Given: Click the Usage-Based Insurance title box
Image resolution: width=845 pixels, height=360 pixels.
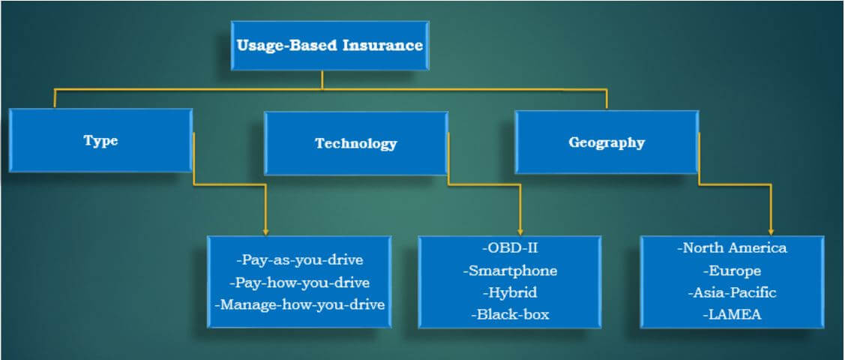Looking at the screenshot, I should click(x=329, y=46).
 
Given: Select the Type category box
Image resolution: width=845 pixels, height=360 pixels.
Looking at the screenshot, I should click(x=100, y=141).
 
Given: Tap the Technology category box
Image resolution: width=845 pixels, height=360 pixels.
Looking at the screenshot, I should click(x=355, y=143).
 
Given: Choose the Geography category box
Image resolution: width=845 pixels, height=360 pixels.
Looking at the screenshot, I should click(x=606, y=142).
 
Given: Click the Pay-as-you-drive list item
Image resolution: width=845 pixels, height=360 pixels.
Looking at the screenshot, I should click(x=299, y=260).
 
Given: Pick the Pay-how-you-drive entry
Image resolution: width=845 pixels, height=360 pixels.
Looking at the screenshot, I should click(x=299, y=283).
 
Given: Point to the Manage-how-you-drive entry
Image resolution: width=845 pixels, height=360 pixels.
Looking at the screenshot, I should click(x=299, y=304).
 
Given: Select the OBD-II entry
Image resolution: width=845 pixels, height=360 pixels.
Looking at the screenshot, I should click(x=509, y=247).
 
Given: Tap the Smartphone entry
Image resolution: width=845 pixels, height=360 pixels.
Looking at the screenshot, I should click(x=510, y=270).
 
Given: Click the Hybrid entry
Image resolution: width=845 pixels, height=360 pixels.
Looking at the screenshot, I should click(x=510, y=292).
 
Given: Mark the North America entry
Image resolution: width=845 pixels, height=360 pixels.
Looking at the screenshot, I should click(x=732, y=247).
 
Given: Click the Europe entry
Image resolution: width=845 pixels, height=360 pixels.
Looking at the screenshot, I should click(x=732, y=271).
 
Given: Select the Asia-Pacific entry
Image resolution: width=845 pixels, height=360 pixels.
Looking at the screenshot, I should click(x=732, y=292).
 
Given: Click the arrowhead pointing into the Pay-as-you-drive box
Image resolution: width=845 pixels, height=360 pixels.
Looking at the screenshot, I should click(x=265, y=231).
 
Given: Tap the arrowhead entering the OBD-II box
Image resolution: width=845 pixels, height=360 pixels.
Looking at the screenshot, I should click(x=520, y=231).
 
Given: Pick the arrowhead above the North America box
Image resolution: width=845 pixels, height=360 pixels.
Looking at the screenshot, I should click(x=771, y=231).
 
